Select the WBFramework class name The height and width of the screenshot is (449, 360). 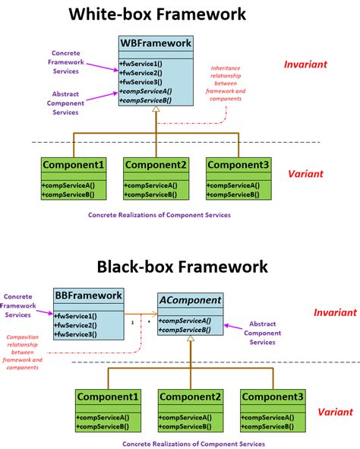click(x=156, y=43)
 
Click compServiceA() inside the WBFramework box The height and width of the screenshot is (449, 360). click(x=147, y=90)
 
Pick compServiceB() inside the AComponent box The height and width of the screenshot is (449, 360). click(x=185, y=330)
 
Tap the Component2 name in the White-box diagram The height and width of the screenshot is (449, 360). click(x=156, y=166)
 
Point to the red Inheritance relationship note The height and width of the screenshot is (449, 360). click(x=228, y=84)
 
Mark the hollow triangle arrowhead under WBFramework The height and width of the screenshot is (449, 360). click(x=156, y=111)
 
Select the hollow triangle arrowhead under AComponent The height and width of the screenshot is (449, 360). click(x=190, y=340)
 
